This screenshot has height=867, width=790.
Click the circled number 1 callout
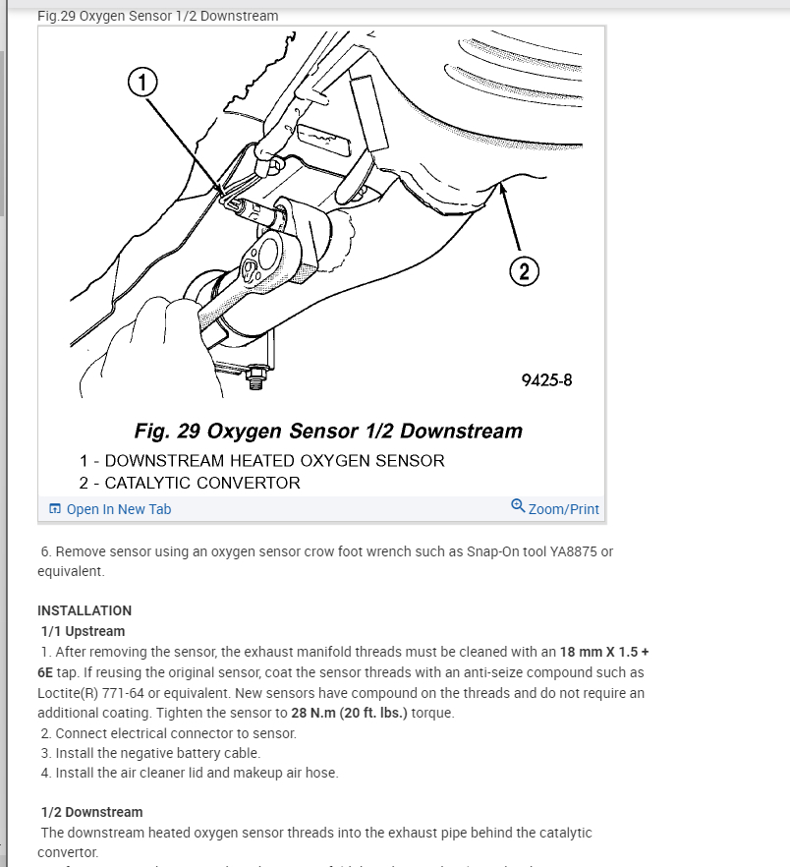pos(142,83)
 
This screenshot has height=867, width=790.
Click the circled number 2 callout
pos(523,272)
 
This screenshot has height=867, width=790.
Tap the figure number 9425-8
pos(546,380)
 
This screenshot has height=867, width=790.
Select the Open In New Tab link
pos(118,509)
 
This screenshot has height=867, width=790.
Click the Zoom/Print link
pos(563,509)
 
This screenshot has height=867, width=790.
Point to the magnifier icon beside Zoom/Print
pos(518,506)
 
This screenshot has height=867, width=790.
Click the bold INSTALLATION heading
pos(85,610)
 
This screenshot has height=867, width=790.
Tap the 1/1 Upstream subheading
pos(83,631)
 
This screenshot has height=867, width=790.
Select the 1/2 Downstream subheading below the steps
pos(91,812)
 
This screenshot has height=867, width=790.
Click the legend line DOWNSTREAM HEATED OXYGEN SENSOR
pos(261,460)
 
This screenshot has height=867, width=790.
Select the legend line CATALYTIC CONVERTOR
pos(190,483)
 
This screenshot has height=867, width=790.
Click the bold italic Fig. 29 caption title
pos(327,431)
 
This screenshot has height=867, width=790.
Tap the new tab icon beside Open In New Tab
pos(55,509)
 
